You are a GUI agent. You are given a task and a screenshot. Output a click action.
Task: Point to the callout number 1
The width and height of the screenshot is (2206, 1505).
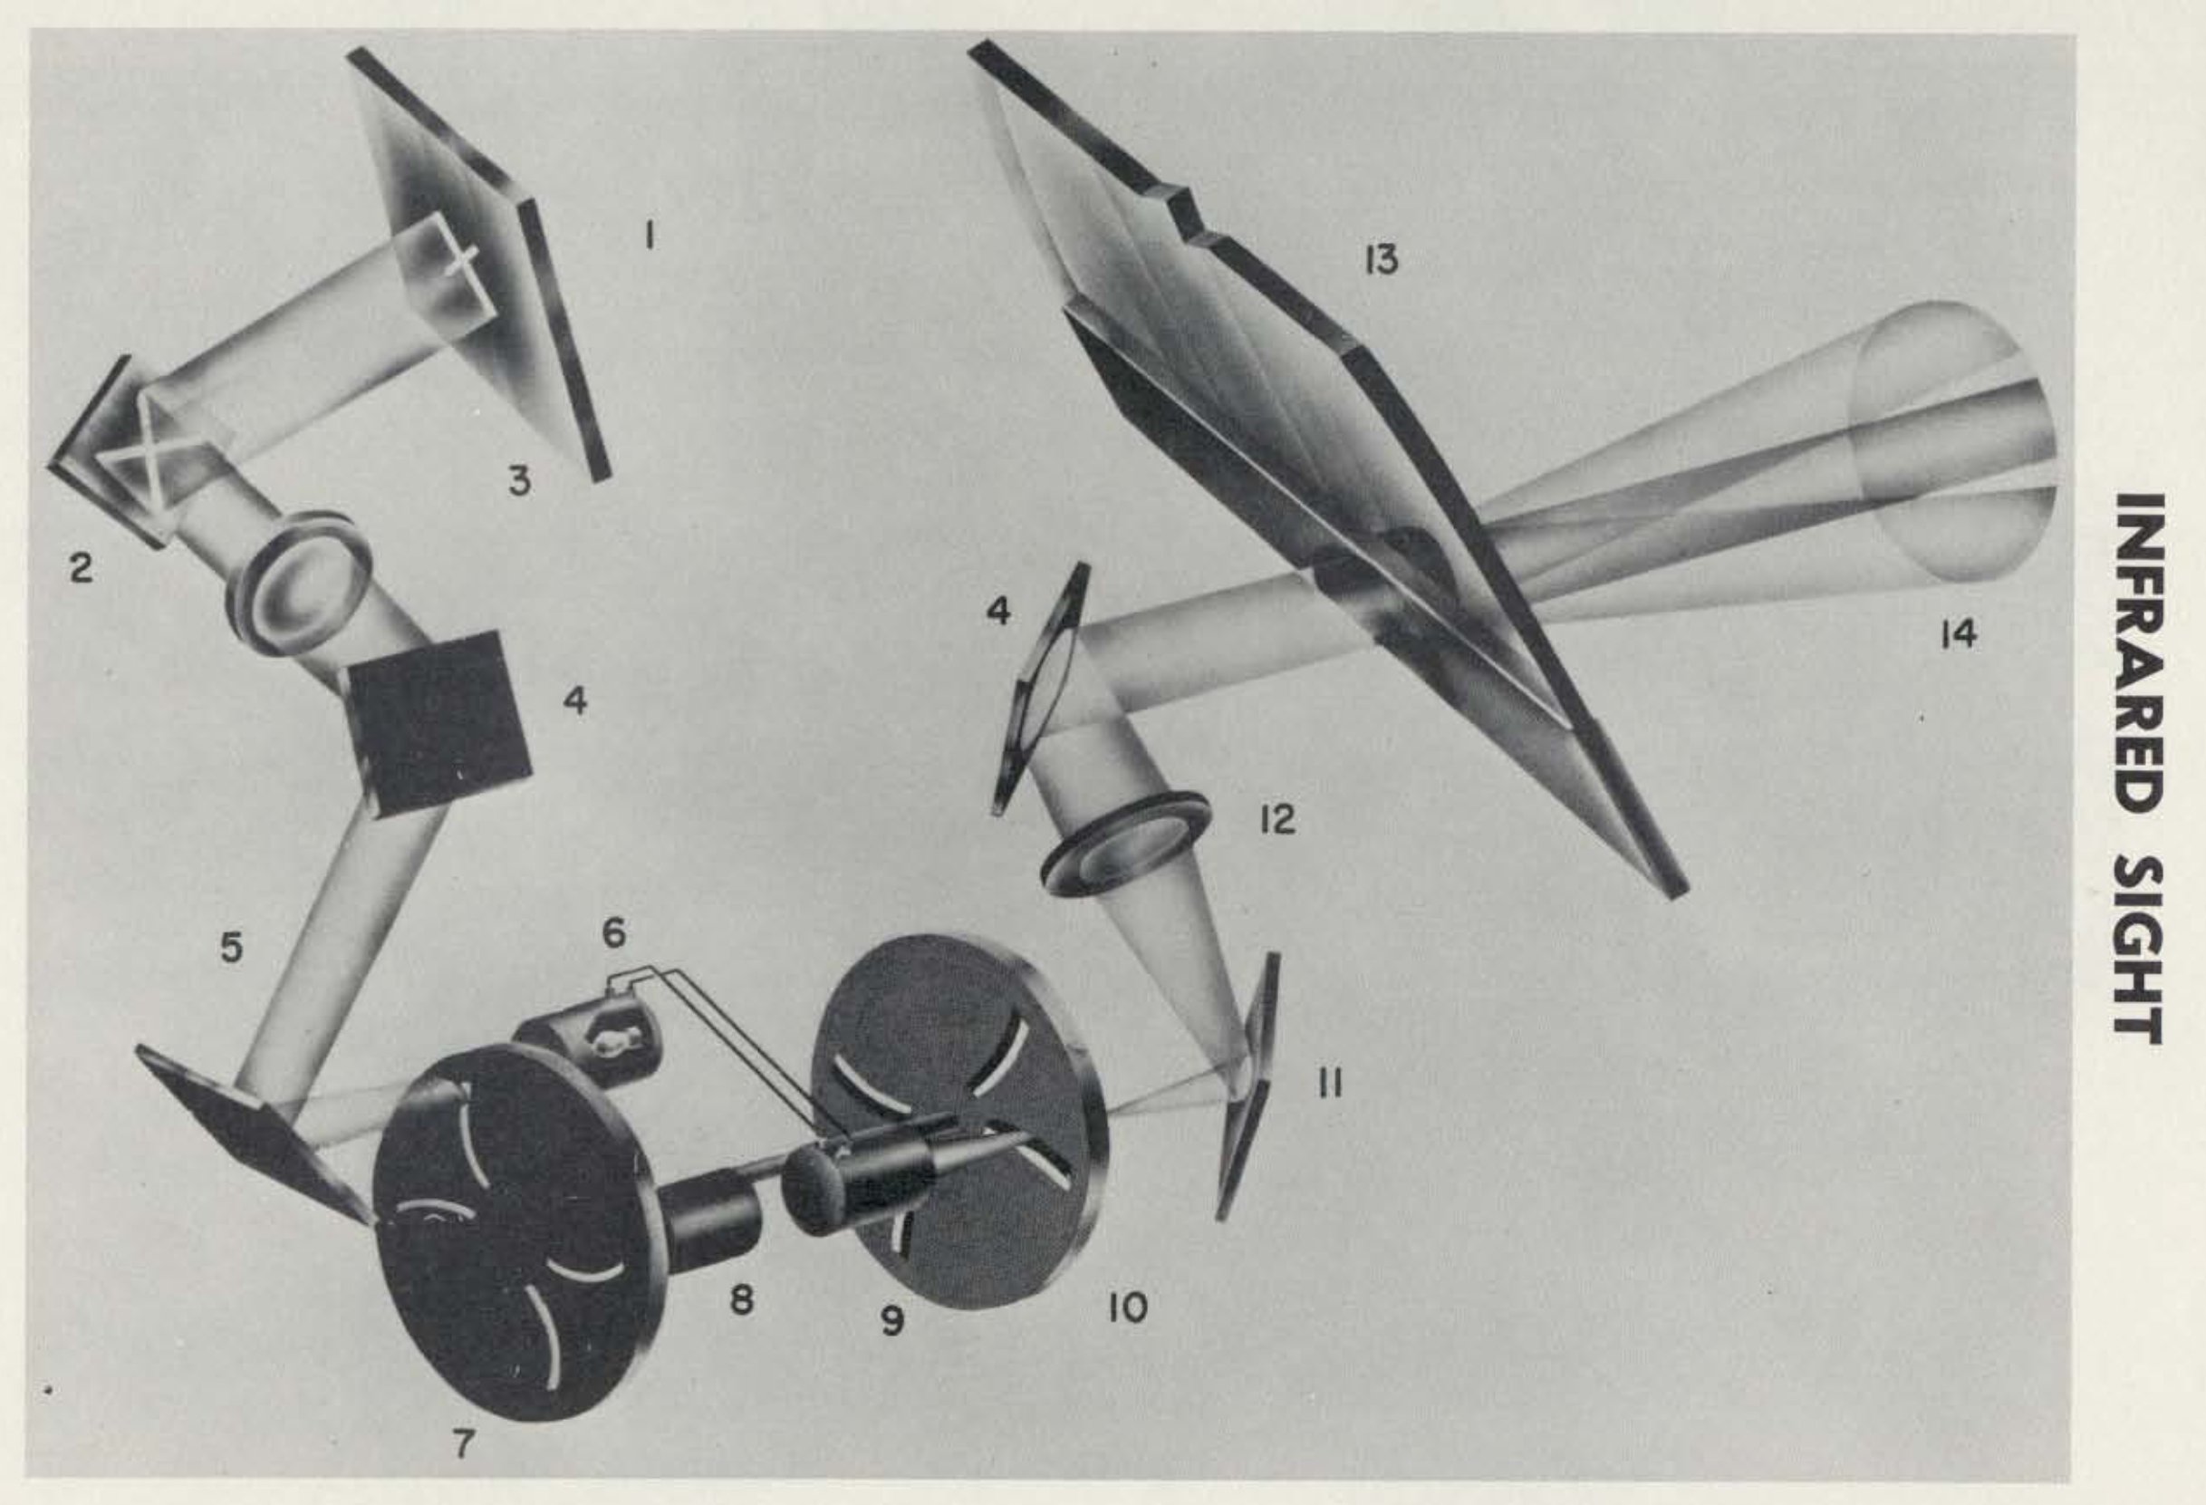[x=650, y=235]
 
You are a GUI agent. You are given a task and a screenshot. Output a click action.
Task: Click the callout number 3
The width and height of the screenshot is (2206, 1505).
[x=519, y=481]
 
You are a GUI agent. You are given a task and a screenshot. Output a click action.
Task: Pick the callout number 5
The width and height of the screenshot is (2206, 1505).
[x=232, y=948]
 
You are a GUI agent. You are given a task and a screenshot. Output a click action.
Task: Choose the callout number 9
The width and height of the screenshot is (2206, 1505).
[x=891, y=1321]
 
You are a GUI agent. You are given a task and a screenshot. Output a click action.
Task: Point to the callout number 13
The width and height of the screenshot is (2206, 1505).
[x=1381, y=258]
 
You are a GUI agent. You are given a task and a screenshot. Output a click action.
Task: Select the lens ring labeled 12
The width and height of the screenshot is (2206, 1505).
[x=1124, y=844]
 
